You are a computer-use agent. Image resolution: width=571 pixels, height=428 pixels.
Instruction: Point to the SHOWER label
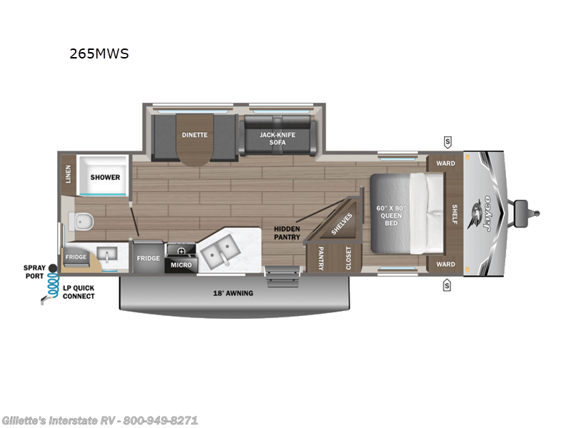105,177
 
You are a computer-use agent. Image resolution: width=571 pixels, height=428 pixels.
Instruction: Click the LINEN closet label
69,174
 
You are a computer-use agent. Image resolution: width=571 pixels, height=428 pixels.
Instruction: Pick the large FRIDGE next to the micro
148,258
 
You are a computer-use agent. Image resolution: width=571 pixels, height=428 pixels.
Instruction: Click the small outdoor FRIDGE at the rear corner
76,257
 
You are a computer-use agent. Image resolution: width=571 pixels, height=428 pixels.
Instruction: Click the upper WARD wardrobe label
445,163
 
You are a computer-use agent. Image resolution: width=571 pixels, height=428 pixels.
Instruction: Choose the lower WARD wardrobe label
445,264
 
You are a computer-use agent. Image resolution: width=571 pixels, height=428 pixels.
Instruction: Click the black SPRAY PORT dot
52,268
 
